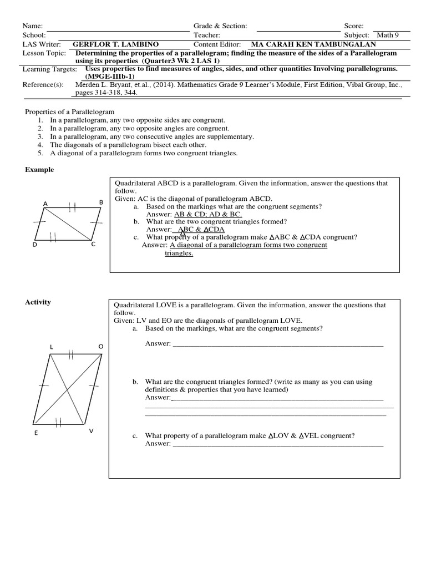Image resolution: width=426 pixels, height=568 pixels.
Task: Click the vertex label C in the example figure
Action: pyautogui.click(x=93, y=244)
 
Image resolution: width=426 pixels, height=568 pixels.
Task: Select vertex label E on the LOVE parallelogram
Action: pyautogui.click(x=36, y=433)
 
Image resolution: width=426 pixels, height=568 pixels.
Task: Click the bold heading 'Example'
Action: pyautogui.click(x=39, y=170)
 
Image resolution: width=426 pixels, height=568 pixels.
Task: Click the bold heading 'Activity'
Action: pyautogui.click(x=38, y=302)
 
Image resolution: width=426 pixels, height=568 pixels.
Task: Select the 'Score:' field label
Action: pyautogui.click(x=354, y=26)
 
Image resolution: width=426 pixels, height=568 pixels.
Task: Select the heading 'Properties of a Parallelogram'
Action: pyautogui.click(x=70, y=111)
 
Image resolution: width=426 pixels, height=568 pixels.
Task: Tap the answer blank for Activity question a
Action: pyautogui.click(x=278, y=344)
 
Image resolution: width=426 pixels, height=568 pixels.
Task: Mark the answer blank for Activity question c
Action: pyautogui.click(x=278, y=444)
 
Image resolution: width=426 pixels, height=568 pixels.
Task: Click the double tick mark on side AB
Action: pyautogui.click(x=72, y=207)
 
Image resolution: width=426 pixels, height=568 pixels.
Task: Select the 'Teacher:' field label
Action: pyautogui.click(x=207, y=35)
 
